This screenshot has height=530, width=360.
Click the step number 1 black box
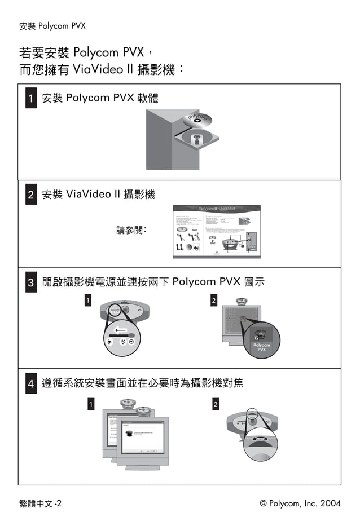[x=31, y=99]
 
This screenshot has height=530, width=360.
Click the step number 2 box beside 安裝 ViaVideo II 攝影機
[x=31, y=196]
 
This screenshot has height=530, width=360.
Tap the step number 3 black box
[x=31, y=282]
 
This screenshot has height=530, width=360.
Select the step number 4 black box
[x=31, y=385]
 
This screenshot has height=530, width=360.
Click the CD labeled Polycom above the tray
[x=197, y=119]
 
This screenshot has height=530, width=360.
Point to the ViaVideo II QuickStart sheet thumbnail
[x=216, y=231]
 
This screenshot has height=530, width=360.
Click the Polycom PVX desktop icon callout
[x=261, y=340]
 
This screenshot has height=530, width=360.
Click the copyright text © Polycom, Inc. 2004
[x=300, y=503]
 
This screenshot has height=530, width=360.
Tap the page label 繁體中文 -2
[x=40, y=503]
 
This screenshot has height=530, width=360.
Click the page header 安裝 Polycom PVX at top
[x=52, y=26]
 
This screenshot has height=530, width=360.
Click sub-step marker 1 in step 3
[x=87, y=301]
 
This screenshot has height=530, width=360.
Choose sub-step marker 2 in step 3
[x=213, y=301]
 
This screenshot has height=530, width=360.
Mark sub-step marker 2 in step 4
[x=216, y=404]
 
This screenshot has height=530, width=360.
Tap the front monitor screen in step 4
[x=142, y=438]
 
